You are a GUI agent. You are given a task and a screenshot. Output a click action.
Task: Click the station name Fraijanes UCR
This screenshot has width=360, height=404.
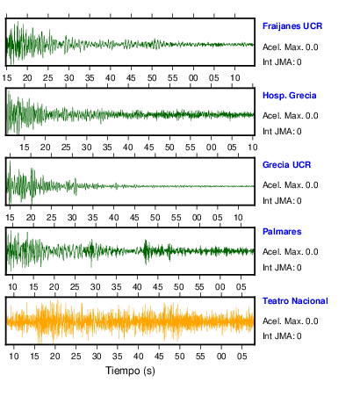(x=292, y=26)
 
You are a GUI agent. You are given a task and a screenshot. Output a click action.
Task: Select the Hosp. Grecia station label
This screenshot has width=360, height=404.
(x=289, y=96)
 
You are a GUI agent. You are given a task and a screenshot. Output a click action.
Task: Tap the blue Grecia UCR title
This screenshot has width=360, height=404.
(x=286, y=165)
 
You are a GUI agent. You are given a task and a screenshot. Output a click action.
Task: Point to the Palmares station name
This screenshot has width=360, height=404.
(x=282, y=232)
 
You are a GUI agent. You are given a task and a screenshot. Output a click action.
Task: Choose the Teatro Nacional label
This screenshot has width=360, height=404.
(x=295, y=301)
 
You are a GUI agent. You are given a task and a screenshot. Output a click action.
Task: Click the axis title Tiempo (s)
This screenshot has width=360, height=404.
(x=130, y=371)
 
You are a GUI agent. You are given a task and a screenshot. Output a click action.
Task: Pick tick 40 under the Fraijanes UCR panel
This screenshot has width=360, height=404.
(x=111, y=78)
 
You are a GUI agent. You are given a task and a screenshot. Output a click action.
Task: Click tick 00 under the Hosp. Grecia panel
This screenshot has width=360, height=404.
(x=211, y=148)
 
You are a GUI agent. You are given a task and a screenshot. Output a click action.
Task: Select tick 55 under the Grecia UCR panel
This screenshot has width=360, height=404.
(x=176, y=218)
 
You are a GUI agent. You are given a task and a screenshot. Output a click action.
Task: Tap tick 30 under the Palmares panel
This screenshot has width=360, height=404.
(x=96, y=287)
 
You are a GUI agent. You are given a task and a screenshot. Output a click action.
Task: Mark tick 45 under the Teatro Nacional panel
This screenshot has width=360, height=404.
(x=159, y=357)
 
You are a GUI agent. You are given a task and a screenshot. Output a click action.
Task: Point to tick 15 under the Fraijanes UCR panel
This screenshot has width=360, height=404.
(x=7, y=78)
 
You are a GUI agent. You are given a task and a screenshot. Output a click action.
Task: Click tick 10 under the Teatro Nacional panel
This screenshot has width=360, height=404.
(x=14, y=357)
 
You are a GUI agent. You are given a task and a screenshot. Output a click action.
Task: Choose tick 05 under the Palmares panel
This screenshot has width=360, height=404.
(x=241, y=287)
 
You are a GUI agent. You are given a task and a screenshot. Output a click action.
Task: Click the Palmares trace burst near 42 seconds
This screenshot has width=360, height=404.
(x=146, y=251)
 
